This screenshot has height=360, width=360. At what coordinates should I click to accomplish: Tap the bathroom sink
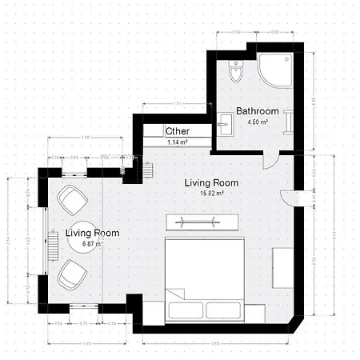pos(225,122)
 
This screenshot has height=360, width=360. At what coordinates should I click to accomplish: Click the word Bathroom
pos(257,111)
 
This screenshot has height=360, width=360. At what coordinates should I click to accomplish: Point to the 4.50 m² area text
pos(257,122)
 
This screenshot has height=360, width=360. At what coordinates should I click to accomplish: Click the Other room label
pos(177,131)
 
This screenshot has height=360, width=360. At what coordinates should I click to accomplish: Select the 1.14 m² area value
pos(177,142)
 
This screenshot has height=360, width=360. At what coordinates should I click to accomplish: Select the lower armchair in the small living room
pos(72,274)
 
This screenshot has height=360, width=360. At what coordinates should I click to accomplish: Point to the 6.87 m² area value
pos(92,244)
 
